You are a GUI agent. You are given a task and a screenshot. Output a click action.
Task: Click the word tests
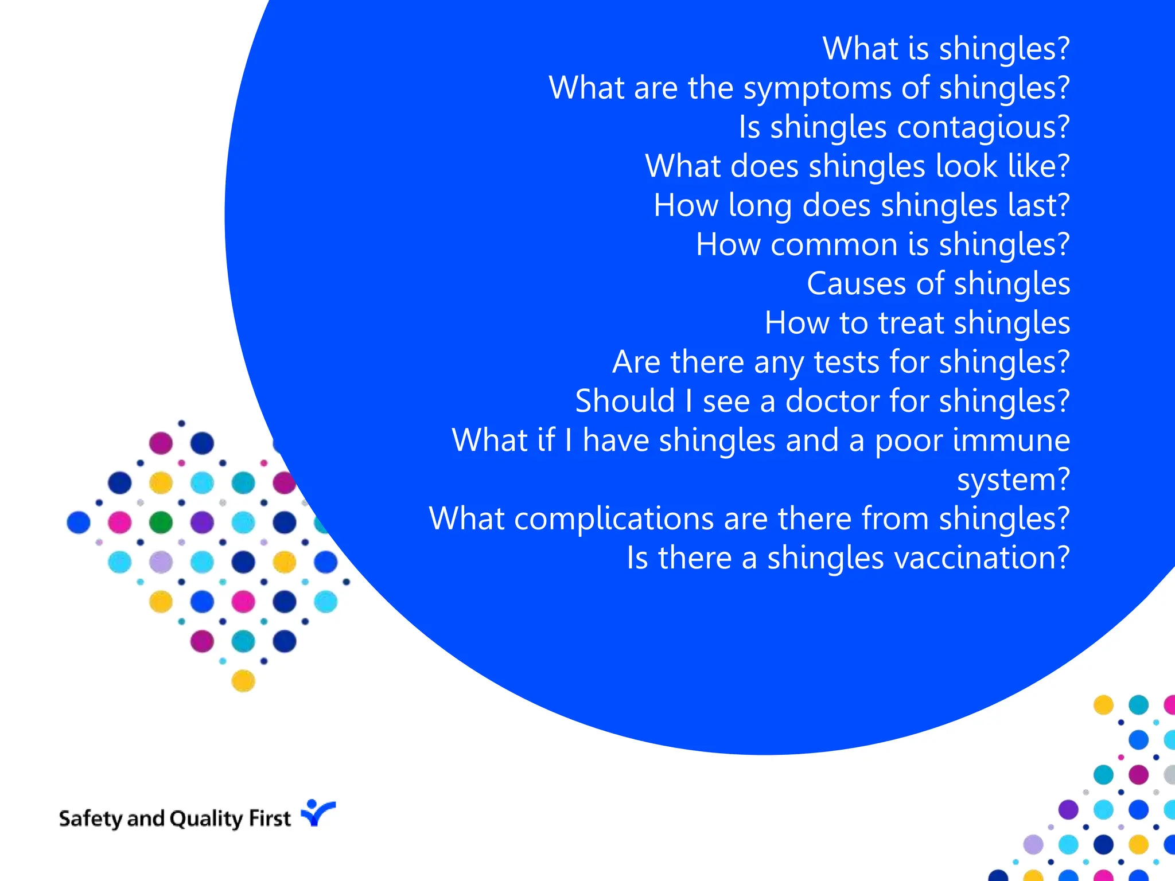point(846,362)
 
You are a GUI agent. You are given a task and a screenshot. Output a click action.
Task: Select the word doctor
point(832,401)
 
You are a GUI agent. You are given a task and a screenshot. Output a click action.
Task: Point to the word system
point(1013,480)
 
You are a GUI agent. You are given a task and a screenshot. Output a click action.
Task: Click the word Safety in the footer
point(91,818)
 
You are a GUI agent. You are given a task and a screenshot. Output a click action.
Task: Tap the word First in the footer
point(270,818)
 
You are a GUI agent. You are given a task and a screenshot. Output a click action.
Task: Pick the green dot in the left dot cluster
point(161,523)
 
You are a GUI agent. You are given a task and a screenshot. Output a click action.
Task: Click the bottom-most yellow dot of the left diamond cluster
point(243,681)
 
